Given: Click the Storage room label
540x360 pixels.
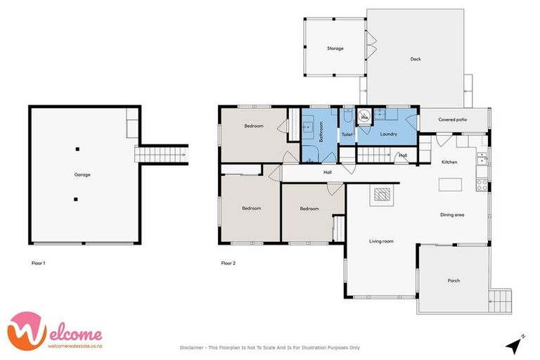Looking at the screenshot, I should pos(335,49).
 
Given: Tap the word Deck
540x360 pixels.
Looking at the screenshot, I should pos(416,59).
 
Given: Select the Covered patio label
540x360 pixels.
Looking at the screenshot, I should pos(453,120).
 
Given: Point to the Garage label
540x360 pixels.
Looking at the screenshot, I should pos(82,174).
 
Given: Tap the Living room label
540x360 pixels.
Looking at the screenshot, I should pos(381,241).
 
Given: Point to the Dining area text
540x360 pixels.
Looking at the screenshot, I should pos(452,214).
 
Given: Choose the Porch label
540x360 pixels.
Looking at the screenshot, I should pos(454,281).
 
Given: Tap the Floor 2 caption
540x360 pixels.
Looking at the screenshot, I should pos(228,263).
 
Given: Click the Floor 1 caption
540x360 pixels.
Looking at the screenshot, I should pos(39,263).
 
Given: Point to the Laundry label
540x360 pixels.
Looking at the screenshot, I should pos(388,134).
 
